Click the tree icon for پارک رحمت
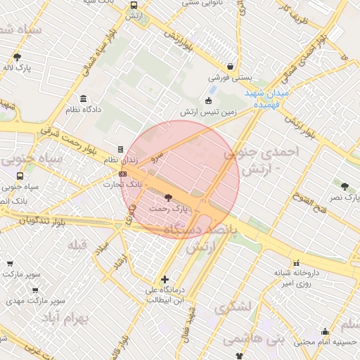pos(167,198)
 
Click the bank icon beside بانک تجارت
pos(123,174)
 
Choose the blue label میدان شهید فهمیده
pos(267,98)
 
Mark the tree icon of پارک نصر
pos(345,186)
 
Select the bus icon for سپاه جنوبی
pos(20,176)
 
